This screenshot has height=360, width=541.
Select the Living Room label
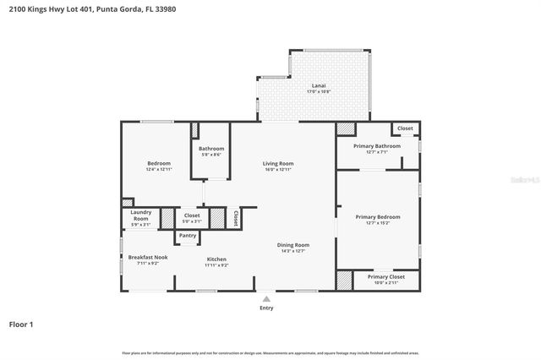coord(277,163)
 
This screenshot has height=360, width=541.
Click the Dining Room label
coord(293,245)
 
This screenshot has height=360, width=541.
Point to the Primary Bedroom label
coord(378,216)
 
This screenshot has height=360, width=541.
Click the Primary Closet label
coord(385,276)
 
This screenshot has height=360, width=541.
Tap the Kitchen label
coord(216,259)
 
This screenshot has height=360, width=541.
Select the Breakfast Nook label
coord(148,257)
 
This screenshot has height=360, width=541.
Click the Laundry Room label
coord(140,215)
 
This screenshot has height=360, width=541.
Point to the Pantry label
coord(189,236)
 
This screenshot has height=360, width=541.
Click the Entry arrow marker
coord(266,298)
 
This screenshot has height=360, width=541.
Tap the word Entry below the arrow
coord(266,308)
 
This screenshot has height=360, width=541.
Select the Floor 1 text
coord(21,324)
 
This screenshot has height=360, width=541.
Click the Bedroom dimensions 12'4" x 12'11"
coord(159,170)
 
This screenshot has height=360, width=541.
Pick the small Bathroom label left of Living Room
coord(211,149)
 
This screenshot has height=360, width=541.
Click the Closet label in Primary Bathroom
coord(406,128)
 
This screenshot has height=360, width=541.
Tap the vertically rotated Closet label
coord(236,218)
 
